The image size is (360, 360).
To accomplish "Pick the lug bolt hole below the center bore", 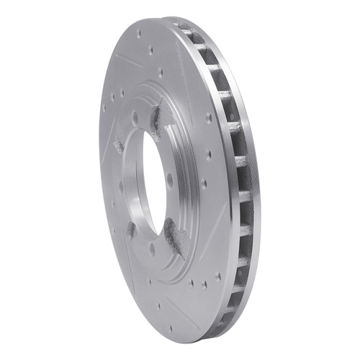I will pyautogui.click(x=152, y=248).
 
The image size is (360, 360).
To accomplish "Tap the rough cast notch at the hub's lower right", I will pyautogui.click(x=174, y=234).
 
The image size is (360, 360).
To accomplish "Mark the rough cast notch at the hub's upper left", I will pyautogui.click(x=118, y=144).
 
